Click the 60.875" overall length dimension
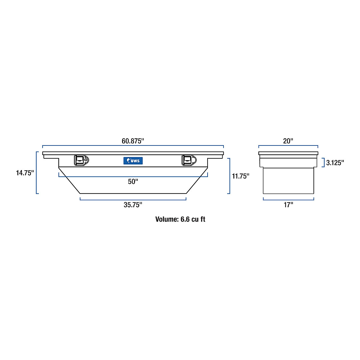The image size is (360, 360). [x=133, y=141]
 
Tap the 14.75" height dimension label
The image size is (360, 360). [x=25, y=173]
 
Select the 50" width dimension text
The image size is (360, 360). [x=133, y=182]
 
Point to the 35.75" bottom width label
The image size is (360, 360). [x=133, y=205]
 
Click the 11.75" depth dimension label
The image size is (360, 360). [x=241, y=176]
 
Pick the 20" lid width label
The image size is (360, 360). [x=288, y=141]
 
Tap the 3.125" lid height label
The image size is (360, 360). [x=335, y=163]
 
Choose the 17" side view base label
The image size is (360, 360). [x=288, y=205]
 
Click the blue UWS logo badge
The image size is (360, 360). [x=133, y=161]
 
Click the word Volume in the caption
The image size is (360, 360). [x=166, y=219]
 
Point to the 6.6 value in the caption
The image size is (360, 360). [x=185, y=219]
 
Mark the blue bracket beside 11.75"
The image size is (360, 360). [x=229, y=176]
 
